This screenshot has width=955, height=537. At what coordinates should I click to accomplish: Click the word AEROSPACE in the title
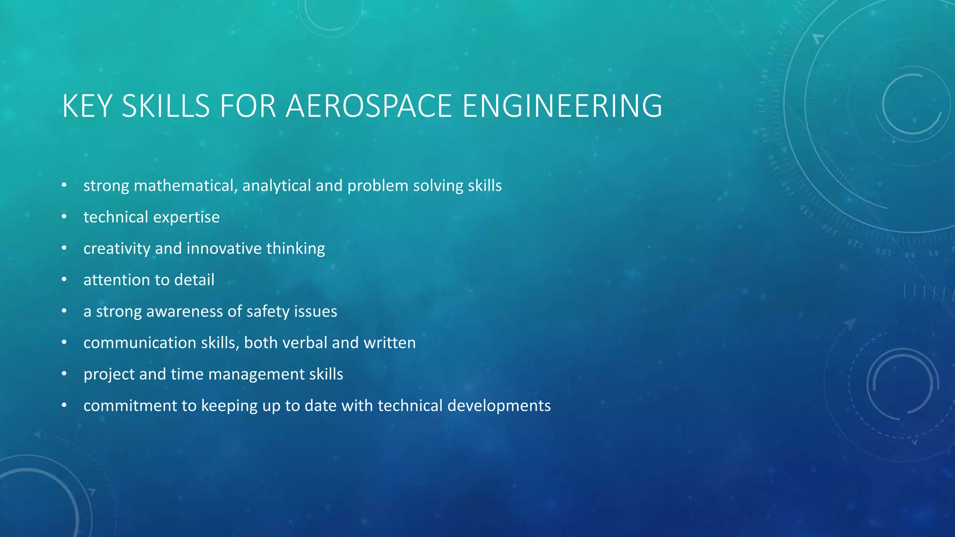click(368, 106)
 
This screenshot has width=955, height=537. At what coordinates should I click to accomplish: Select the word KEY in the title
click(87, 106)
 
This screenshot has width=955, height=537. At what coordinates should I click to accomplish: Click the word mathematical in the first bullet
click(185, 186)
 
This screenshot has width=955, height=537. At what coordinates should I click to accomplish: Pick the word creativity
click(117, 248)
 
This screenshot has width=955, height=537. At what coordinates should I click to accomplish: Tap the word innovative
click(224, 248)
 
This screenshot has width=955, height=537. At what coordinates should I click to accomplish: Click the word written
click(389, 343)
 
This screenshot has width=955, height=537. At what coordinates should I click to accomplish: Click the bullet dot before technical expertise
click(64, 217)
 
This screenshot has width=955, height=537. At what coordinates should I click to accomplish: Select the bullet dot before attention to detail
click(64, 280)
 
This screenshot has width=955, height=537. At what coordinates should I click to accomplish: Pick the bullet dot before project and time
click(64, 374)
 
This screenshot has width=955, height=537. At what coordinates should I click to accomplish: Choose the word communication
click(140, 343)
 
